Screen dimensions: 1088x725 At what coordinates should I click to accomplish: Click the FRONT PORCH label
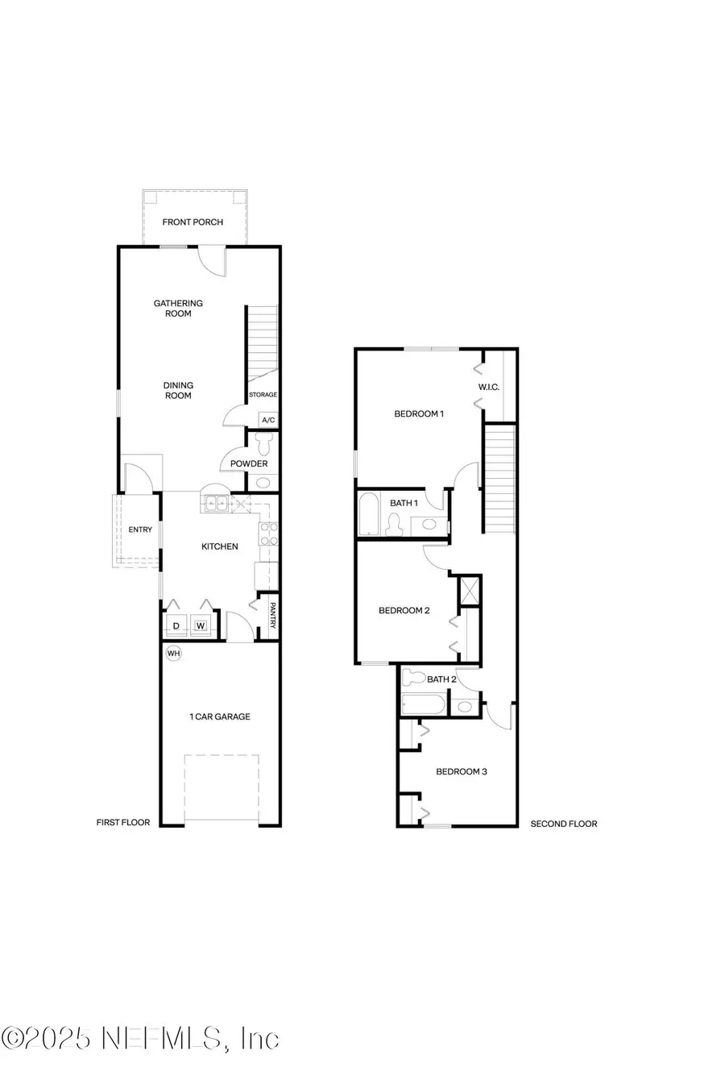[193, 222]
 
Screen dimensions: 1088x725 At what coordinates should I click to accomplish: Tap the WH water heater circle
[173, 653]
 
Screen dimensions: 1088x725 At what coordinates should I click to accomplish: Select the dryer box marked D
[176, 625]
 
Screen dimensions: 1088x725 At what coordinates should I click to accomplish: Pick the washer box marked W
[201, 625]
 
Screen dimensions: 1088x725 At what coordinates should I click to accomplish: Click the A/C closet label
[268, 420]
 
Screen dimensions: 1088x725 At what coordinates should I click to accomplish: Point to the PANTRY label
[273, 617]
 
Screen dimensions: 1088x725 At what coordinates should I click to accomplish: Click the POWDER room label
[249, 463]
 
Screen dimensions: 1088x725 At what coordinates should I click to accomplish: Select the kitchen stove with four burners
[268, 534]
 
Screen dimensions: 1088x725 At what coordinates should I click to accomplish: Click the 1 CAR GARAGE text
[220, 716]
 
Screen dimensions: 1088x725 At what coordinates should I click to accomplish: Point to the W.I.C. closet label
[489, 387]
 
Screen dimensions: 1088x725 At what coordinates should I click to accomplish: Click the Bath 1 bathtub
[367, 514]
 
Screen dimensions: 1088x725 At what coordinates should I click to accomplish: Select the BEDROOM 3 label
[462, 771]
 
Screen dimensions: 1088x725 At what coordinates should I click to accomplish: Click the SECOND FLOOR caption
[564, 824]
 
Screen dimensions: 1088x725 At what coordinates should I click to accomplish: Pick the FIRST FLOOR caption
[123, 823]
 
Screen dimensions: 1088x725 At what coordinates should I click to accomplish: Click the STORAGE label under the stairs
[263, 395]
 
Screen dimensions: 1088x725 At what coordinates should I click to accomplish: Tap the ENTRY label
[140, 529]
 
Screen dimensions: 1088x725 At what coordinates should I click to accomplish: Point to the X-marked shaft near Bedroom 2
[470, 591]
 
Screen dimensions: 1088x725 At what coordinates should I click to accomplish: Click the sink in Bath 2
[465, 707]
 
